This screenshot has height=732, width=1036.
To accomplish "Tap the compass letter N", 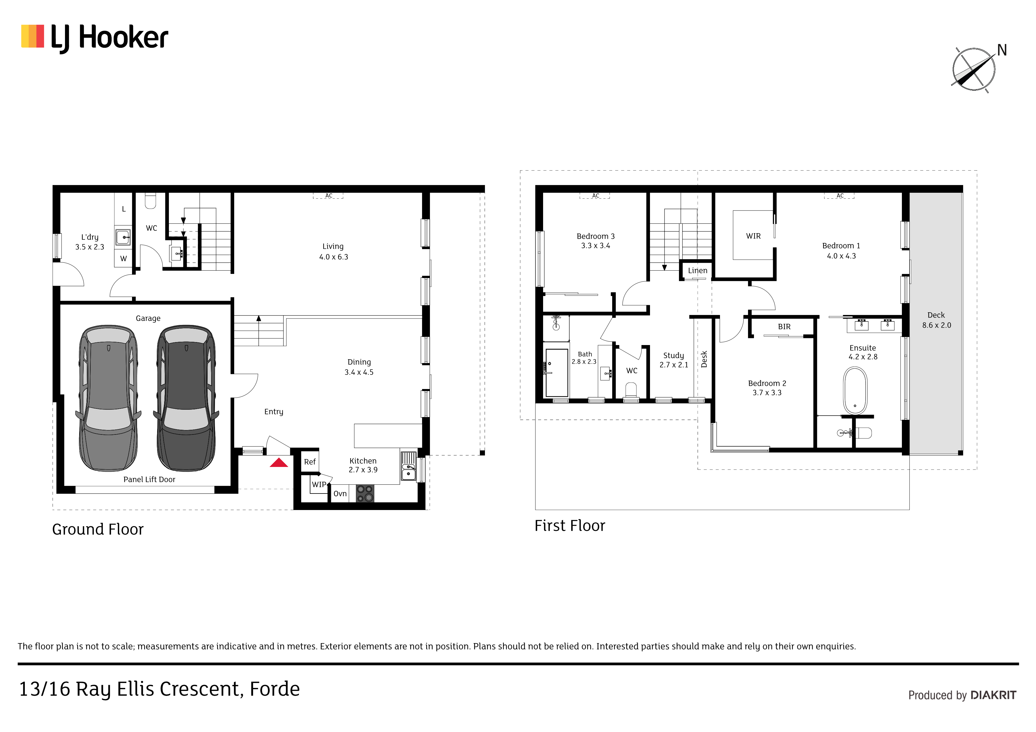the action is (x=1002, y=50).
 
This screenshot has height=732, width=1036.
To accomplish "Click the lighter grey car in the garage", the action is (x=108, y=398).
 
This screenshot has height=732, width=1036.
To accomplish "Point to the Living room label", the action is (x=333, y=246).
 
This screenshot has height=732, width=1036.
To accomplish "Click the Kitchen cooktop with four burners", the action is (x=365, y=494).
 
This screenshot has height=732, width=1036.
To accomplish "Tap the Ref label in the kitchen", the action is (x=310, y=462).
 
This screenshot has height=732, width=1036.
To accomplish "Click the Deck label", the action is (x=936, y=315).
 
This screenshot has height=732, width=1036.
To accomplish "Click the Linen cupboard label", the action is (x=698, y=271).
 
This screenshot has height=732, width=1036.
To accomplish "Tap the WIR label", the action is (x=753, y=236).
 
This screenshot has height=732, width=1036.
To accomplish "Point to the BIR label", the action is (x=784, y=326).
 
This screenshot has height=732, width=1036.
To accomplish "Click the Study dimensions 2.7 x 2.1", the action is (x=674, y=365).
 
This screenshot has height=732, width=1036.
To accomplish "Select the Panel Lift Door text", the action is (x=149, y=479).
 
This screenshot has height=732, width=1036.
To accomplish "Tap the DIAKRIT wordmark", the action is (x=993, y=695).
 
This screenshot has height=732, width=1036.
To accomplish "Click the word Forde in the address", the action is (x=275, y=689).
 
